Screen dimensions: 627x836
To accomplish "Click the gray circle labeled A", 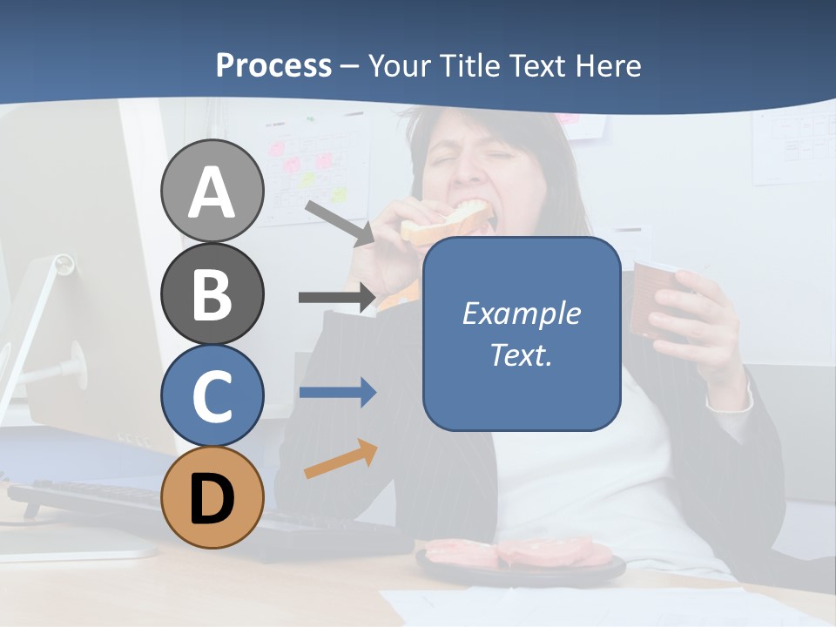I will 212,191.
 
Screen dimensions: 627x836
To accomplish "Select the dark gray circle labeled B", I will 212,293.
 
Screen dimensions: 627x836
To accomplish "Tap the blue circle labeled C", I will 212,394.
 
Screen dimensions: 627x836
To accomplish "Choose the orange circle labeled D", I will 212,497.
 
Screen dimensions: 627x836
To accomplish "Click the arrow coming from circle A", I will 340,223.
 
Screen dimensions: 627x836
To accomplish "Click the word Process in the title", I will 273,65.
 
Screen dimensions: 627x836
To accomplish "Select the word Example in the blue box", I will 521,313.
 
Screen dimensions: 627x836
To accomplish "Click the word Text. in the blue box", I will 521,355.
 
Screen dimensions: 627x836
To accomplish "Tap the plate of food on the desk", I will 520,557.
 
